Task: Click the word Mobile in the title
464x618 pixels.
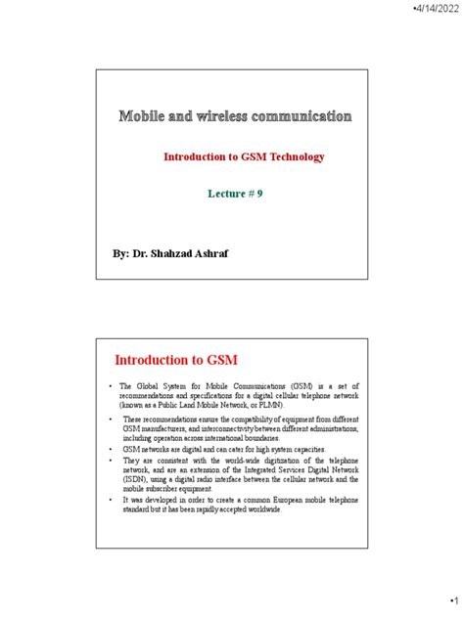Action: click(147, 117)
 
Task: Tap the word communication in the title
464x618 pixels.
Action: click(305, 117)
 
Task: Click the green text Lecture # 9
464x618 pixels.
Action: click(236, 194)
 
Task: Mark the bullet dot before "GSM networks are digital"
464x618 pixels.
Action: click(112, 448)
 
